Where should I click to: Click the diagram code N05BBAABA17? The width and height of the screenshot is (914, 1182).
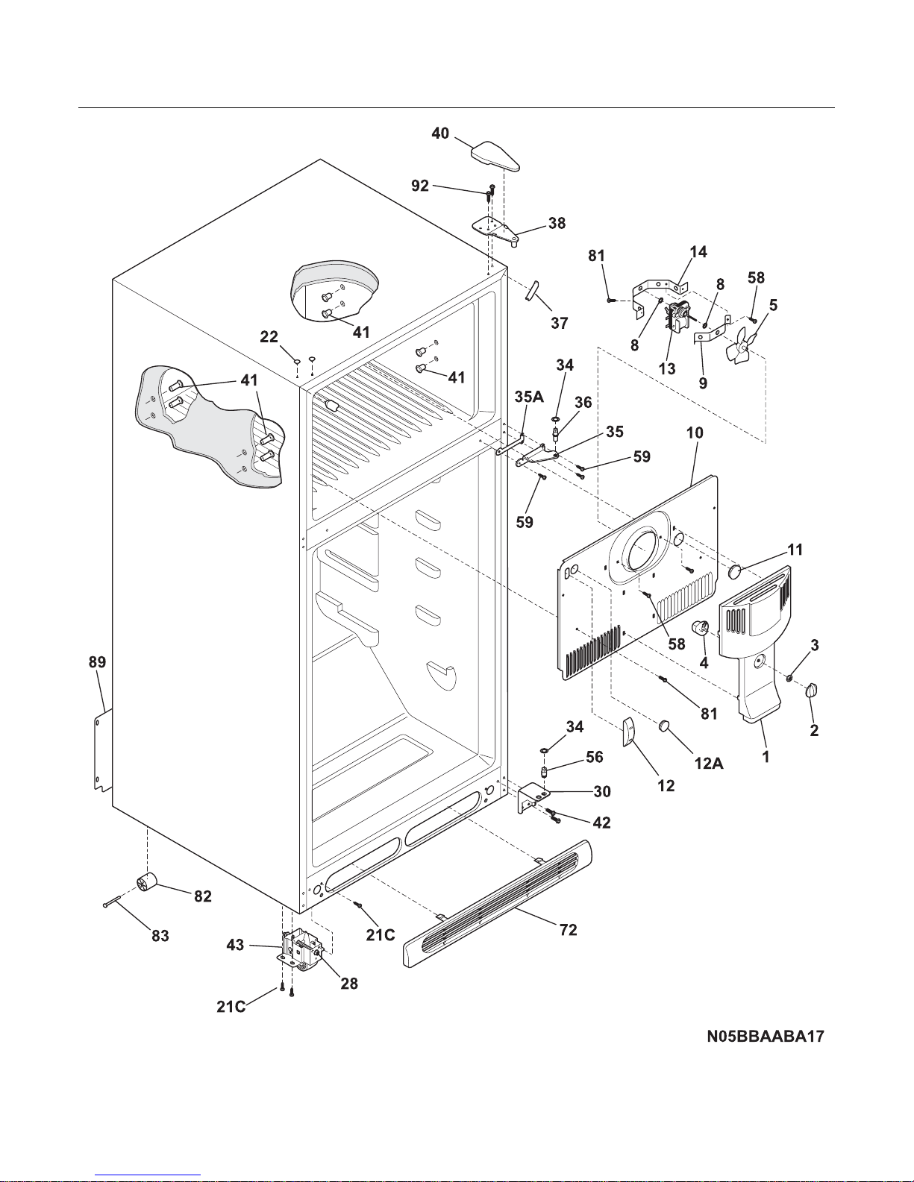[x=766, y=1037]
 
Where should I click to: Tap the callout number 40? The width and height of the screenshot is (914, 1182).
[x=440, y=133]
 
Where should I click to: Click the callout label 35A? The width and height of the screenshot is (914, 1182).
[x=529, y=397]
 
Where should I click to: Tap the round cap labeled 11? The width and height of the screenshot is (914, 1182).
[x=736, y=571]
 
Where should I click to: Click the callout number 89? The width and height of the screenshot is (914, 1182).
[x=98, y=662]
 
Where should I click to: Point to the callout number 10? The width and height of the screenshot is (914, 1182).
[x=695, y=433]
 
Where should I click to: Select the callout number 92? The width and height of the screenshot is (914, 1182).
[x=420, y=186]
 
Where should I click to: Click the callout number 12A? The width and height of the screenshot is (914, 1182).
[x=709, y=763]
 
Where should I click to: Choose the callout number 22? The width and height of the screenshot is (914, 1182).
[x=269, y=337]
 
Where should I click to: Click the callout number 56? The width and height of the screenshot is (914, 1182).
[x=595, y=757]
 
